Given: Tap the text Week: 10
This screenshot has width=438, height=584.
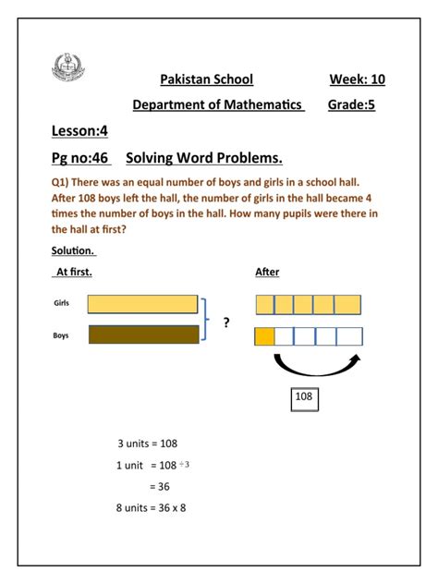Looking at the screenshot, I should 357,79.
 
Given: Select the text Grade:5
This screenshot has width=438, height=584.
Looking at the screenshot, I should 357,105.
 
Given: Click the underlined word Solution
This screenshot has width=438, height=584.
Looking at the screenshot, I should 74,251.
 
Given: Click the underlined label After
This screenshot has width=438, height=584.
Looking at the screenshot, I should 267,272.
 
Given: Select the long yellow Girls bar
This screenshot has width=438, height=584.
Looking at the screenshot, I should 142,304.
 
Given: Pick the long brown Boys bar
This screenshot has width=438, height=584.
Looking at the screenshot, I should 143,335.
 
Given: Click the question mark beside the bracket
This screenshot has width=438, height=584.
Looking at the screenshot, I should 226,322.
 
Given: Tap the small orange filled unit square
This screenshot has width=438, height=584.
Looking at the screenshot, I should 264,336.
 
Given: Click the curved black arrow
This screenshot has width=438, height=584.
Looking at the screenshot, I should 314,367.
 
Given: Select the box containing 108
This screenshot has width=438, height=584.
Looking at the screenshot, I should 304,397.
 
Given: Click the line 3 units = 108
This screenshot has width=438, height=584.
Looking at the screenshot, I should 148,444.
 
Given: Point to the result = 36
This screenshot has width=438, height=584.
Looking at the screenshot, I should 159,486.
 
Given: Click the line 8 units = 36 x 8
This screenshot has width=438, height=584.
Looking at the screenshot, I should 152,508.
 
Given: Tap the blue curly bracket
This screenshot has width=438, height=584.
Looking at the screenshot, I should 209,320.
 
